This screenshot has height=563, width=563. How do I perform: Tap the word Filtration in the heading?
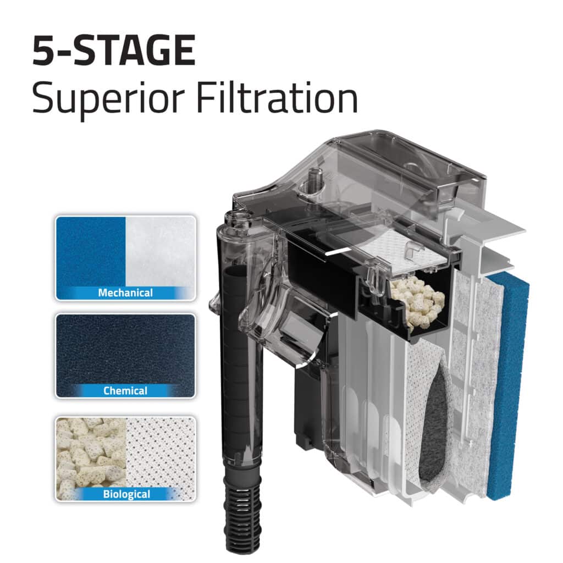point(277,97)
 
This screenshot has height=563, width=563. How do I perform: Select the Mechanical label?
point(125,293)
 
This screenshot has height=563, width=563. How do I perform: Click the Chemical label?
point(125,391)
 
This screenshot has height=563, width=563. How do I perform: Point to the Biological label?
point(126,494)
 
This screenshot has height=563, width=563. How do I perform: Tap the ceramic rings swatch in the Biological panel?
point(91,454)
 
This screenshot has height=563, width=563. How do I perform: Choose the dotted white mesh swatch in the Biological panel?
point(161,454)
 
